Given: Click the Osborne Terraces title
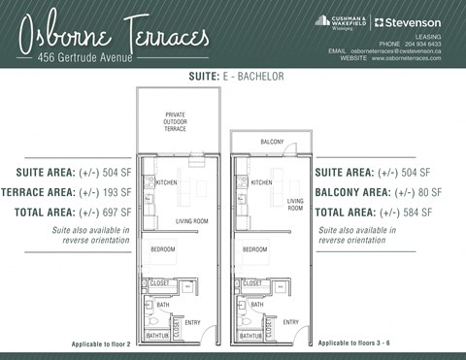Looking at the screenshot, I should (117, 34).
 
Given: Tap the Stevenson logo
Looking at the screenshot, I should (407, 21).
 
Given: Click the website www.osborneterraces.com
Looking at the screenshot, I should (406, 58).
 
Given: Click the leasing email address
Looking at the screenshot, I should (396, 50).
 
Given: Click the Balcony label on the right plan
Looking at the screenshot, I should (272, 143).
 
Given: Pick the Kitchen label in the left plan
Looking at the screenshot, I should (167, 182).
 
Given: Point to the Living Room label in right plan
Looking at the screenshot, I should (295, 205).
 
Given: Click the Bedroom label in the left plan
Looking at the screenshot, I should (162, 249).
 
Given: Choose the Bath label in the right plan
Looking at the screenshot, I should (257, 305).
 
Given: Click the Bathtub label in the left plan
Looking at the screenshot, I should (158, 335).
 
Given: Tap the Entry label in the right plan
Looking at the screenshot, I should (289, 322).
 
